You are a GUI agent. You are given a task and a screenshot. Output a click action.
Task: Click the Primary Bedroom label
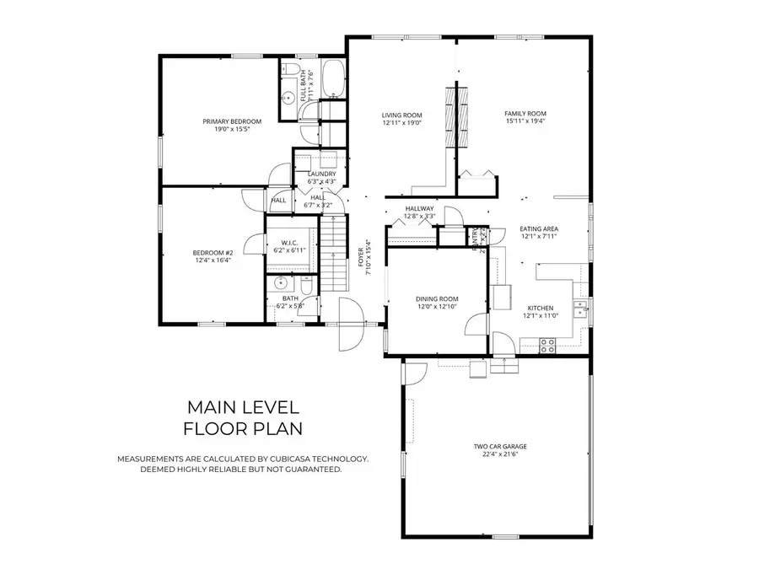click(x=232, y=121)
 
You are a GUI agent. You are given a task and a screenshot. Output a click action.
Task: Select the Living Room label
click(x=401, y=115)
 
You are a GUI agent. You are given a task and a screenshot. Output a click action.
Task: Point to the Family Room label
click(x=525, y=113)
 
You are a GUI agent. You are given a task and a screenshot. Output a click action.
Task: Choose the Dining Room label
click(x=436, y=299)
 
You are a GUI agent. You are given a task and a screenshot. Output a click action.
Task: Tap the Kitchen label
click(x=540, y=308)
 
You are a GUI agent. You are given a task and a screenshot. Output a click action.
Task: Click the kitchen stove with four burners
click(x=546, y=344)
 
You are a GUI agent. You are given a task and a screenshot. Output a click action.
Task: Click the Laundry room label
click(x=321, y=174)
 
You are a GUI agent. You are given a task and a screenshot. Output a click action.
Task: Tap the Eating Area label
click(x=539, y=228)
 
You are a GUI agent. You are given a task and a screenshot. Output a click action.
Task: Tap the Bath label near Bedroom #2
click(x=290, y=298)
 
